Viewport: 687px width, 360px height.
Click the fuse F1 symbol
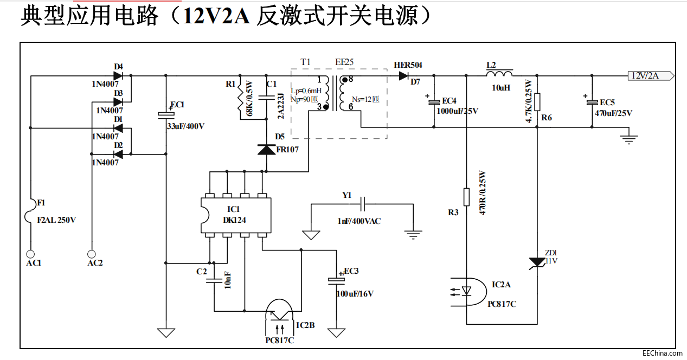click(30, 210)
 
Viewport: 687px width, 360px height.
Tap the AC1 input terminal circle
click(30, 254)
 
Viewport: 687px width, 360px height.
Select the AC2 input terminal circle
click(92, 254)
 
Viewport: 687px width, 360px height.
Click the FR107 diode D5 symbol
click(266, 149)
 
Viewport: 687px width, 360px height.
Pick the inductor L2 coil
click(499, 74)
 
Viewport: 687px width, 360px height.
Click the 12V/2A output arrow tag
click(650, 76)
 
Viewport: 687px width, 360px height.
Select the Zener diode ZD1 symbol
click(537, 262)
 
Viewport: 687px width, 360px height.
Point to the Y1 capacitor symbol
click(364, 204)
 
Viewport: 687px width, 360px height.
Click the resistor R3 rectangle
click(466, 196)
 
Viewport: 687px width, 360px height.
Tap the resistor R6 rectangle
click(537, 101)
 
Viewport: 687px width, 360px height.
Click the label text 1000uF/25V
click(457, 111)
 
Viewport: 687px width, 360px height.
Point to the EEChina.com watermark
click(661, 353)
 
